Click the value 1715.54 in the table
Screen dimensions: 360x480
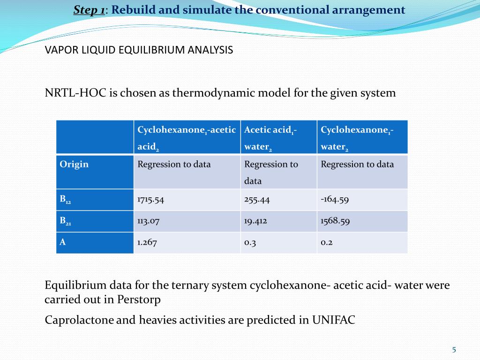pos(150,199)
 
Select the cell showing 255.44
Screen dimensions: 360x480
pos(257,199)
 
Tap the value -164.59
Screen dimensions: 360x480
pos(335,199)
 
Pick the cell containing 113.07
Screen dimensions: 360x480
pos(148,221)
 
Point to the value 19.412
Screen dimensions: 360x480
pos(255,221)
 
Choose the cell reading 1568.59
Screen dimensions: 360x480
pos(335,221)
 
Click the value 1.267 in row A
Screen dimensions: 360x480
pos(147,242)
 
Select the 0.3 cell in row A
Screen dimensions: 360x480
pos(250,242)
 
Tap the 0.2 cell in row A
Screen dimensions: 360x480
pos(327,242)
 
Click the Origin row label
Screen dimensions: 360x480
pos(74,164)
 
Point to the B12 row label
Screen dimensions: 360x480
pos(65,199)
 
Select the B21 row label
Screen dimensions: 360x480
pos(65,221)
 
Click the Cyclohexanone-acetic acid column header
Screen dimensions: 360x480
pos(186,137)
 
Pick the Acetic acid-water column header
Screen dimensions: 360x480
pos(270,137)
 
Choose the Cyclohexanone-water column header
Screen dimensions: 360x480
pos(357,137)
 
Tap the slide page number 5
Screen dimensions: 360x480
pos(454,349)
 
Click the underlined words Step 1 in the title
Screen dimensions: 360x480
pos(89,10)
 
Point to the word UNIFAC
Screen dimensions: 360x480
pos(333,320)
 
